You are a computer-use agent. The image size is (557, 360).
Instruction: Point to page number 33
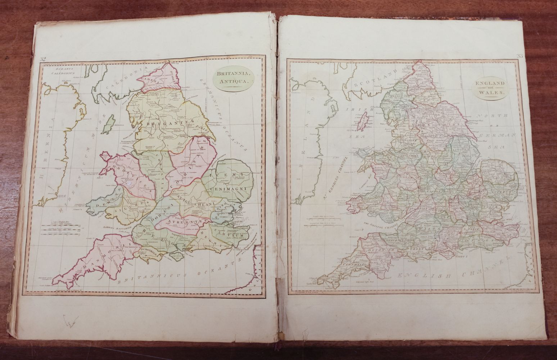click(519, 56)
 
